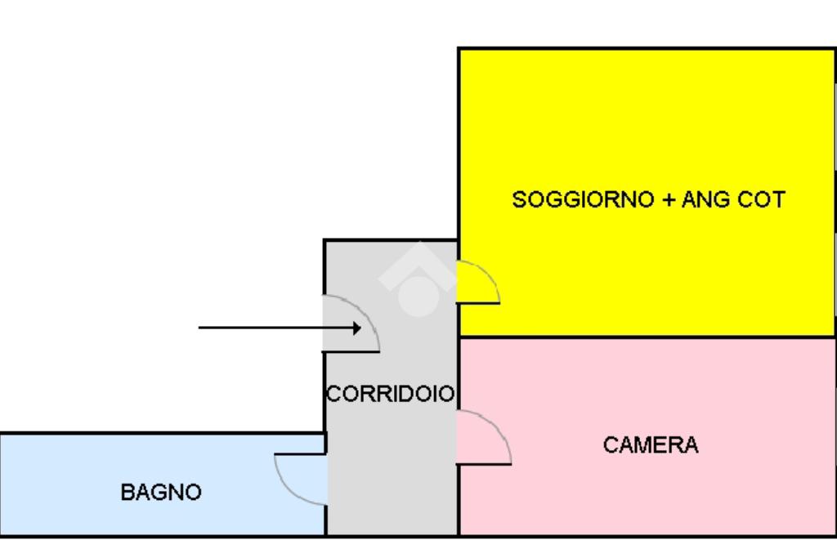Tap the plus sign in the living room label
(669, 200)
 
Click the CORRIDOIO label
(391, 394)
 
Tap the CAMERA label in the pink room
(651, 445)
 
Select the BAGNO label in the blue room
(161, 493)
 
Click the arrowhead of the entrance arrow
(356, 328)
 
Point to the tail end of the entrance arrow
(201, 328)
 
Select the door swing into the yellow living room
(477, 283)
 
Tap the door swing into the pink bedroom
(482, 439)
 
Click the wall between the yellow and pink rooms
(646, 337)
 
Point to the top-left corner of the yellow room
(459, 49)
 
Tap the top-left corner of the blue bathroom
(2, 434)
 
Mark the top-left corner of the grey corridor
(325, 241)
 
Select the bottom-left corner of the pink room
(459, 534)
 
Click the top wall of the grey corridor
(391, 240)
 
